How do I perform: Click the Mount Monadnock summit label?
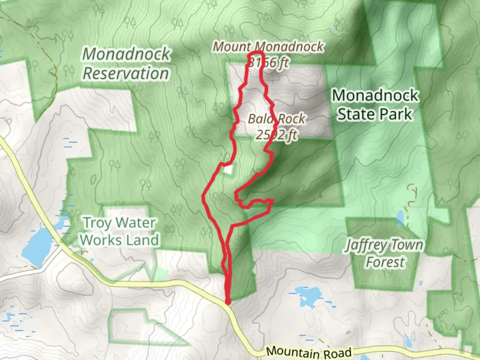pos(268,47)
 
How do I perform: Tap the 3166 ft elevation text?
pos(269,62)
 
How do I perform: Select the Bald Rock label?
pos(277,119)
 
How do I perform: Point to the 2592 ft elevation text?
pos(277,135)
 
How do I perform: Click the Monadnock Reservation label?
pos(126,64)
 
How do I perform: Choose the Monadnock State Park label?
pos(375,105)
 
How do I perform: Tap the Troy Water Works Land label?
pos(119,231)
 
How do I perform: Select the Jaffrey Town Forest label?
pos(384,253)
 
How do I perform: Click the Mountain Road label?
pos(309,352)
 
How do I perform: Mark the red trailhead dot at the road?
pos(228,302)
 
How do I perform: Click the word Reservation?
pos(126,73)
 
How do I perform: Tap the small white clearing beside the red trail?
pos(228,170)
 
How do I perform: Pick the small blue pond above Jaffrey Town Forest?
pos(400,218)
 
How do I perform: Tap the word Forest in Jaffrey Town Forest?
pos(385,262)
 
